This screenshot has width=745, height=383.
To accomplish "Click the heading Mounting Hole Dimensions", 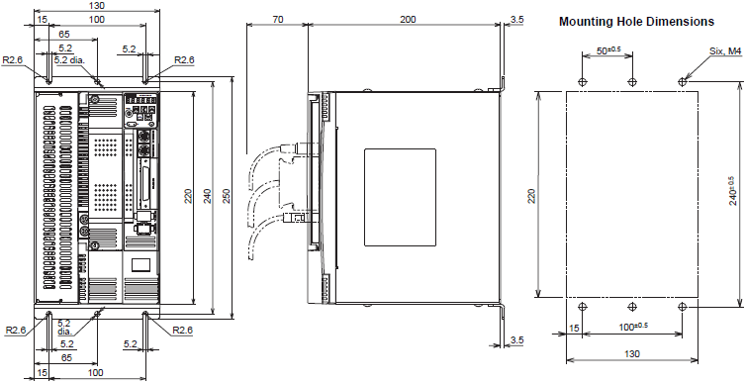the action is (637, 22).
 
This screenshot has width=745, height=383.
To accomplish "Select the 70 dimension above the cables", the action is (278, 19).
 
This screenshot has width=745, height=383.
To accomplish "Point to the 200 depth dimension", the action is (408, 19).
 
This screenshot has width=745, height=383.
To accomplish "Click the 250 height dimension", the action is (227, 197).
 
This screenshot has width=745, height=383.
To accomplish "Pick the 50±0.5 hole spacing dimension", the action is (608, 50).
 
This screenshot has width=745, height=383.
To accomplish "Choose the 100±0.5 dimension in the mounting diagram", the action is (635, 327).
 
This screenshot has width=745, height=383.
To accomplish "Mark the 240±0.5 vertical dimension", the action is (733, 191).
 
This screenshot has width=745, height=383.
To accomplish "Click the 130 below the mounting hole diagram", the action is (632, 353).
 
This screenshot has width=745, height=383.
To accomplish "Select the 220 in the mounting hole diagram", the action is (531, 196).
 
